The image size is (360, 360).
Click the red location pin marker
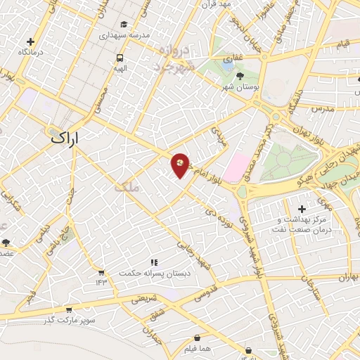click(x=181, y=165)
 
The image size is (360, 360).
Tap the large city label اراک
click(x=67, y=139)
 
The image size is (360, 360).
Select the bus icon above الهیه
click(x=120, y=58)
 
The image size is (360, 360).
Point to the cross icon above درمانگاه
click(x=30, y=42)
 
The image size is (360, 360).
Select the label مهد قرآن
click(x=217, y=6)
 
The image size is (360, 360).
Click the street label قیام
click(x=343, y=44)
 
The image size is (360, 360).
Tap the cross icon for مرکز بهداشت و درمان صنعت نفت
click(x=302, y=209)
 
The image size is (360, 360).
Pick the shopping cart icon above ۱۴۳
click(x=101, y=272)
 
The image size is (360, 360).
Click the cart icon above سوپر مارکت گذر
click(x=68, y=309)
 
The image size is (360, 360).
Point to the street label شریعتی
click(x=143, y=299)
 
